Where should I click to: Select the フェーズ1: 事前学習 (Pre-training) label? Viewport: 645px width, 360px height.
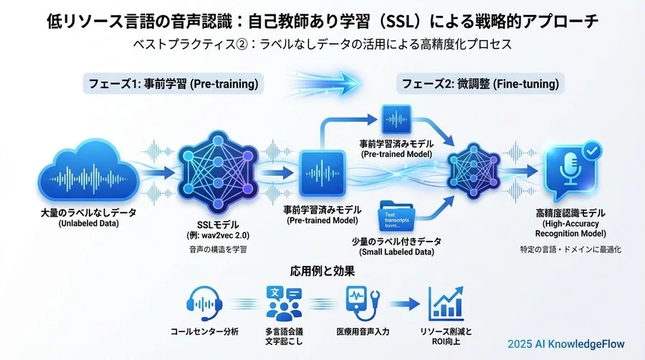[x=171, y=84]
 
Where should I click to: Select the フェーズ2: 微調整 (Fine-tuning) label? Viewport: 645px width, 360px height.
[x=480, y=84]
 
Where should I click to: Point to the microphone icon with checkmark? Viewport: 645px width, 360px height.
[x=568, y=173]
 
